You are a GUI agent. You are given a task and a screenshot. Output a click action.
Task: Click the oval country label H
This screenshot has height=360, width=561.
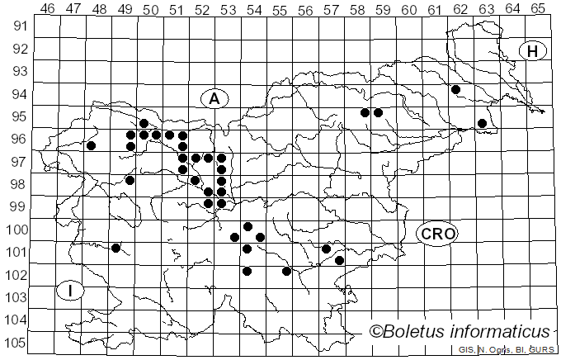pos(533,51)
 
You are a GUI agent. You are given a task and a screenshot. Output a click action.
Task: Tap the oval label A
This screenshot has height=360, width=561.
pos(214,98)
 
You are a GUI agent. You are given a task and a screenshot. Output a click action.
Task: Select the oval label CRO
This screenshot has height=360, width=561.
pos(437,234)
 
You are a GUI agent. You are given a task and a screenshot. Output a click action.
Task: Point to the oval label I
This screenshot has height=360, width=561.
pos(71,291)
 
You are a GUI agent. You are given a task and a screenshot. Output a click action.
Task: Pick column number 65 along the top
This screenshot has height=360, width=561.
pos(538,7)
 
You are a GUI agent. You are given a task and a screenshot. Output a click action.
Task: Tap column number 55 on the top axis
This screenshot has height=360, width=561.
pos(279,7)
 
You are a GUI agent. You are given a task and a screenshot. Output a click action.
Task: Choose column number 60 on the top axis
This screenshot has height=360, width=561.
pos(408,7)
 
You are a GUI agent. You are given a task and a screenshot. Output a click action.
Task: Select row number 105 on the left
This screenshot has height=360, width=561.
pos(18,343)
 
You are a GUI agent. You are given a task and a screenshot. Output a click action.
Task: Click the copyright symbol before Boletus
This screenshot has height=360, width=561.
pos(375,332)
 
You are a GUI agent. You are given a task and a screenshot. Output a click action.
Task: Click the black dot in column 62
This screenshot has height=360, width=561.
pos(455,89)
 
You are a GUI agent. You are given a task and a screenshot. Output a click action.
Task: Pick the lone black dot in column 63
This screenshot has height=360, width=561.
pos(482,123)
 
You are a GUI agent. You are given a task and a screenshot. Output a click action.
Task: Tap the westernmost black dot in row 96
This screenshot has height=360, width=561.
pos(92,145)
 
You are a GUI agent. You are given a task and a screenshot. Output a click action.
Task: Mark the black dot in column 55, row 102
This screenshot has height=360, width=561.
pos(286,271)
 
